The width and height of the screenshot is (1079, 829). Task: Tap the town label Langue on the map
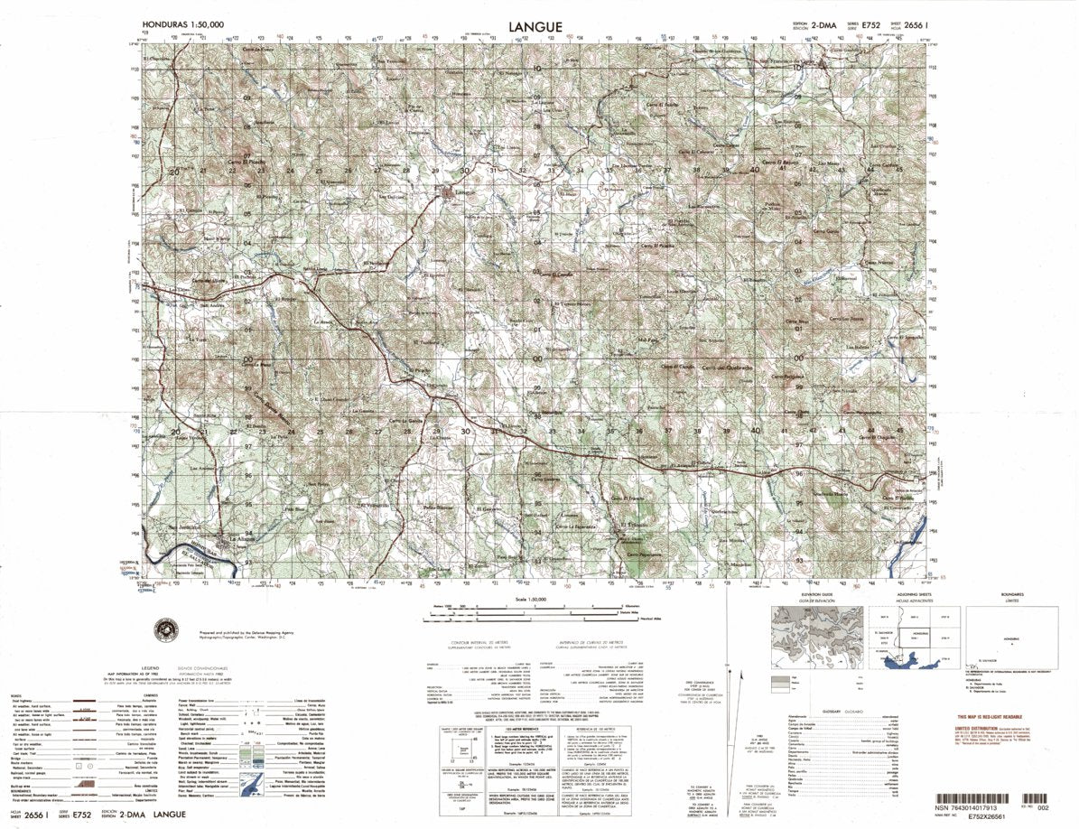tap(463, 191)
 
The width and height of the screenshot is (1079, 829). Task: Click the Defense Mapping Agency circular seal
tap(168, 629)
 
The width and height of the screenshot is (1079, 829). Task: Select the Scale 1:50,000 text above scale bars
tap(538, 599)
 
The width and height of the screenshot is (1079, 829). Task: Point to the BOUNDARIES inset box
tap(999, 638)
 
